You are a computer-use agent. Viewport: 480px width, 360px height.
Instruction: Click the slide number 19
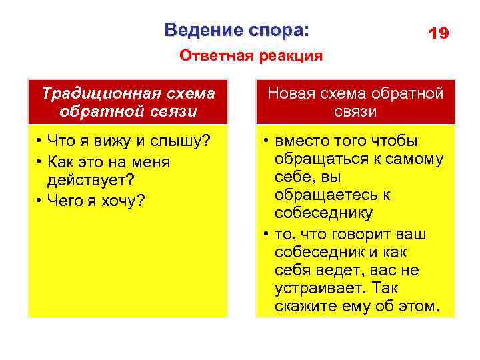click(x=438, y=33)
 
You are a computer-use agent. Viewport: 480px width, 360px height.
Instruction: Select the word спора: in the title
click(x=280, y=31)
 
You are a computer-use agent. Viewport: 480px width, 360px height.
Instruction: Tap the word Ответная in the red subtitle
click(x=214, y=56)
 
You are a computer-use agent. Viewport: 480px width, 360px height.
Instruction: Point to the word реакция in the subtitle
click(x=289, y=56)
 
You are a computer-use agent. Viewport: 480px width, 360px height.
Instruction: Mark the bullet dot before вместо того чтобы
click(x=266, y=142)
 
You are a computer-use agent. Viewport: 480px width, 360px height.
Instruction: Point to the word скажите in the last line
click(x=303, y=307)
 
